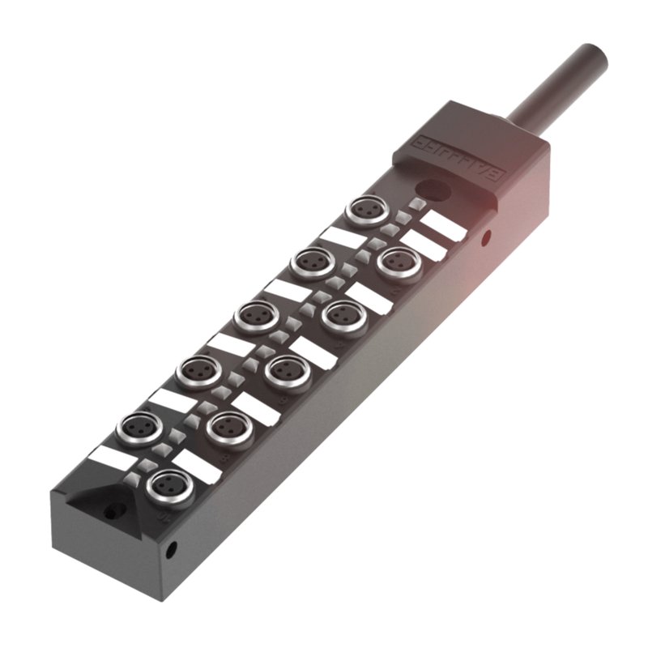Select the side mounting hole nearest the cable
[485, 237]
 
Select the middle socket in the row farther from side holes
[254, 315]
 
